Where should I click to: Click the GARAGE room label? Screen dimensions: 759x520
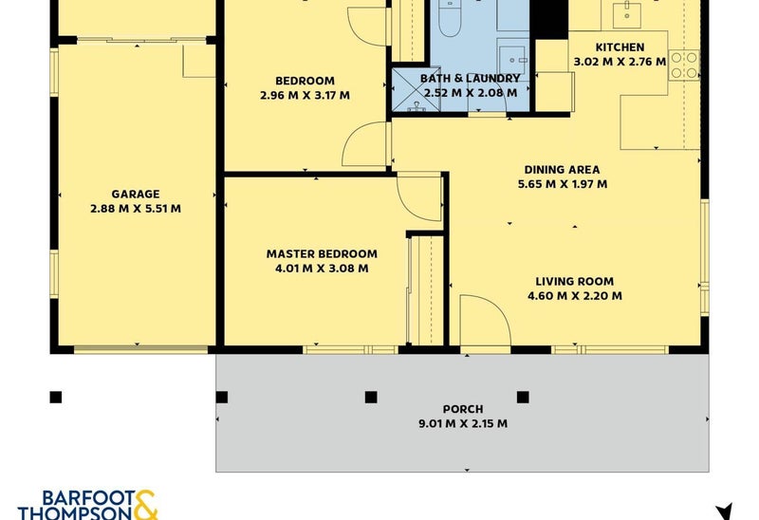(x=136, y=195)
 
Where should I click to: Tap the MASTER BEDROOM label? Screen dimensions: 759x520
(x=322, y=253)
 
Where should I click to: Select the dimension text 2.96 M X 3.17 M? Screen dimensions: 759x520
(x=305, y=96)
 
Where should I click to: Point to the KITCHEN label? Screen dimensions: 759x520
(x=620, y=47)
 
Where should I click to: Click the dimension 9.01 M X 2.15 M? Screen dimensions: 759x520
(x=463, y=423)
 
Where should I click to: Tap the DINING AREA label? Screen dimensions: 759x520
(x=562, y=170)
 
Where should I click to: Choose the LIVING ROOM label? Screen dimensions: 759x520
(x=575, y=282)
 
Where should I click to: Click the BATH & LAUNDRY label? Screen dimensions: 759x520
(x=470, y=79)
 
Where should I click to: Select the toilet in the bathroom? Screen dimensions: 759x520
(x=450, y=18)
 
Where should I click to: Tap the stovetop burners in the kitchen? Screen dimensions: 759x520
(x=684, y=65)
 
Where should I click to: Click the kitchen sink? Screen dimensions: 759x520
(x=627, y=14)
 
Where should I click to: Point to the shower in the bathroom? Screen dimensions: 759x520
(x=417, y=89)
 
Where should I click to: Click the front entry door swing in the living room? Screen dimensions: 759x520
(x=485, y=321)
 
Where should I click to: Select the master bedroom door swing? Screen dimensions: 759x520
(x=419, y=196)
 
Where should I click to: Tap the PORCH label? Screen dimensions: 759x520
(x=463, y=409)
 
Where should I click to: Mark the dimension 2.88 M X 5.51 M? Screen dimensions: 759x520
(x=136, y=209)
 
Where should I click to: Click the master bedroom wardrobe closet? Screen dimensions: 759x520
(x=426, y=290)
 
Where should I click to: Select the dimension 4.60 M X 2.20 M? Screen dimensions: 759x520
(x=575, y=296)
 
